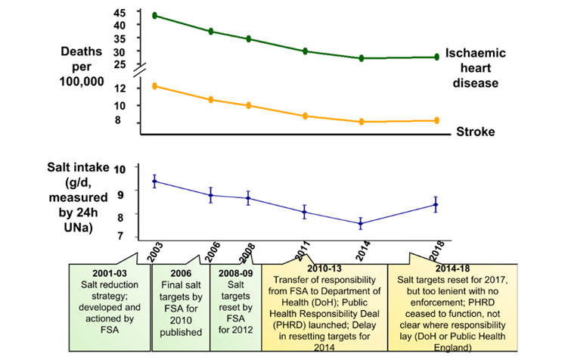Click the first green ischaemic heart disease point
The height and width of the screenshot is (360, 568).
[154, 15]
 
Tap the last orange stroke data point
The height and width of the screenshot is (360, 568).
[436, 120]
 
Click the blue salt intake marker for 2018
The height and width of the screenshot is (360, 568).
[436, 204]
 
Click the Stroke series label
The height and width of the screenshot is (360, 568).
[476, 132]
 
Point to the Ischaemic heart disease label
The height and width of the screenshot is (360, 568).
[474, 68]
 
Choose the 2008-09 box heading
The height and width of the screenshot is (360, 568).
[234, 272]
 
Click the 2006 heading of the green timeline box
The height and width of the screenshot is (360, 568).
[180, 272]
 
